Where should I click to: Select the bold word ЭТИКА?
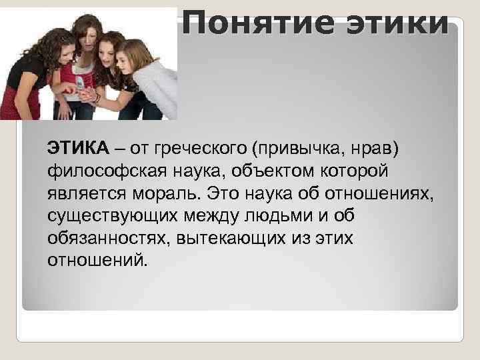[x=73, y=146]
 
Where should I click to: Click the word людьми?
[x=284, y=217]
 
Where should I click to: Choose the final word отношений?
[x=95, y=259]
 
